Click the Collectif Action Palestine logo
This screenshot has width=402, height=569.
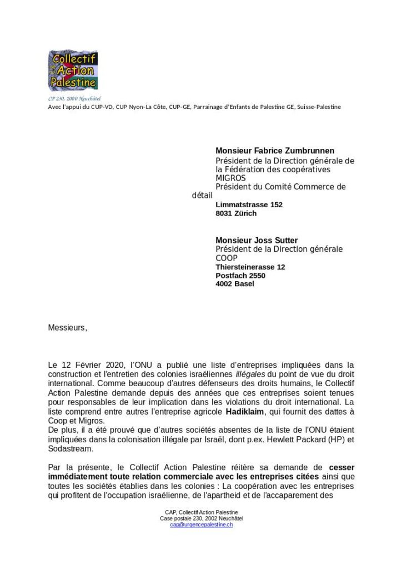coord(73,71)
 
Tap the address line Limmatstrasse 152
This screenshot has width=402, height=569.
coord(249,204)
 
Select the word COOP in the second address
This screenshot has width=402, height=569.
coord(227,258)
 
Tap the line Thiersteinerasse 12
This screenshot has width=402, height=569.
coord(250,267)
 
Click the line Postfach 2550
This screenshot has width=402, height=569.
coord(240,275)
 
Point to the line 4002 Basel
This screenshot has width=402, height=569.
coord(235,283)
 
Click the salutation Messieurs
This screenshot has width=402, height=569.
coord(68,327)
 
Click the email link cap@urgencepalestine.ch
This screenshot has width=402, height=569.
coord(201,525)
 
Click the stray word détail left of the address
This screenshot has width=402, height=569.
coord(202,196)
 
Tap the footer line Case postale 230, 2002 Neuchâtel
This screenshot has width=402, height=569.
coord(201,518)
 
